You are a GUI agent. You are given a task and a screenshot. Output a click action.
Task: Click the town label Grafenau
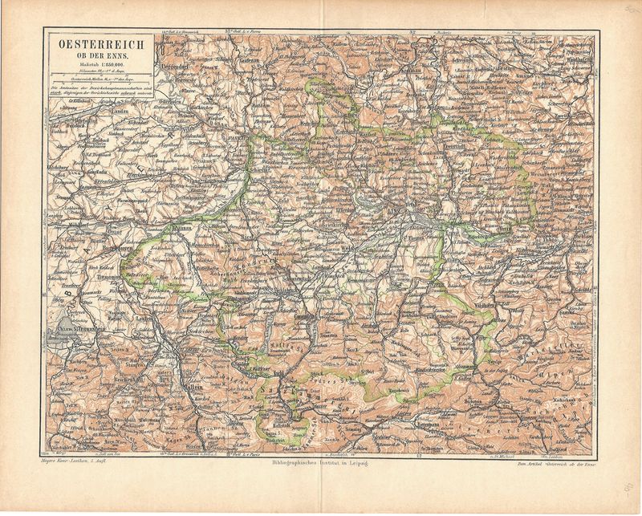pos(250,59)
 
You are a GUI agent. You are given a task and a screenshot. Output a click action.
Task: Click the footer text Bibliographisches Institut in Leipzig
pos(322,463)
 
